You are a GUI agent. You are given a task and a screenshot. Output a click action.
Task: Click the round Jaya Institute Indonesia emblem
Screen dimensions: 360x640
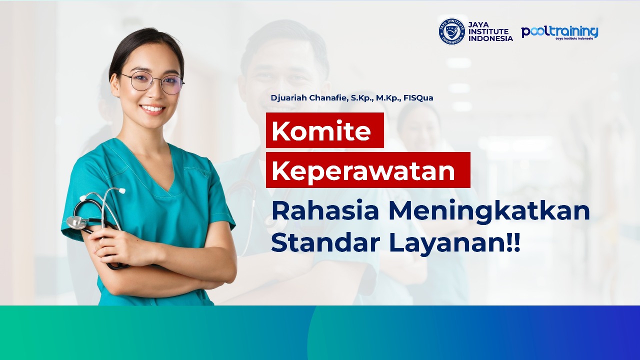(451, 31)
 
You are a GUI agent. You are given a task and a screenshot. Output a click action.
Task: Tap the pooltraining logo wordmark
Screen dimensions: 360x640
(559, 31)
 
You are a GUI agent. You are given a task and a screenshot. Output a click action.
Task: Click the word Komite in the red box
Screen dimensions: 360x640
(321, 131)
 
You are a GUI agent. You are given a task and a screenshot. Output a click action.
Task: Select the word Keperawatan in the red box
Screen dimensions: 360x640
(363, 171)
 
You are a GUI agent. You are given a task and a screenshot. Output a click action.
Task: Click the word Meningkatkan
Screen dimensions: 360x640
(489, 211)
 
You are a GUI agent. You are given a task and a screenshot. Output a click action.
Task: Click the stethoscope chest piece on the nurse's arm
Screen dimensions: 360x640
(76, 222)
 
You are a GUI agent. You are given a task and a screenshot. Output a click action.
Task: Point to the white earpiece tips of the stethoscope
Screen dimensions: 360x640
(121, 190)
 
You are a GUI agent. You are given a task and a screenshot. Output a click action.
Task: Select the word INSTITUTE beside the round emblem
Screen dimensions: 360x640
(488, 31)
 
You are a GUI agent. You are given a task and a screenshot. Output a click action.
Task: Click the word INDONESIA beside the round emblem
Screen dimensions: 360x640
(490, 38)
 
